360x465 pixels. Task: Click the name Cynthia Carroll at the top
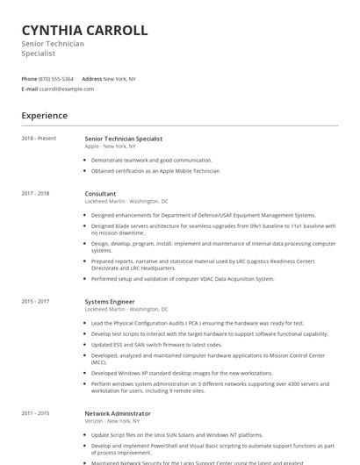84,31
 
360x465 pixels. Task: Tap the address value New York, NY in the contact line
119,79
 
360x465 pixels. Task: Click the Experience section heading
45,116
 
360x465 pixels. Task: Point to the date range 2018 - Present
39,139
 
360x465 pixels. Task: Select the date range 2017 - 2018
36,193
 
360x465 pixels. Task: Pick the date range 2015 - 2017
36,302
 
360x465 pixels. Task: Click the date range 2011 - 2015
36,412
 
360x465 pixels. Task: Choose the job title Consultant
100,193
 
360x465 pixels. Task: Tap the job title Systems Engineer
110,302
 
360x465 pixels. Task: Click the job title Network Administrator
118,412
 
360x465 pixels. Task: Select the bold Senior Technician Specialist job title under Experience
123,139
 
